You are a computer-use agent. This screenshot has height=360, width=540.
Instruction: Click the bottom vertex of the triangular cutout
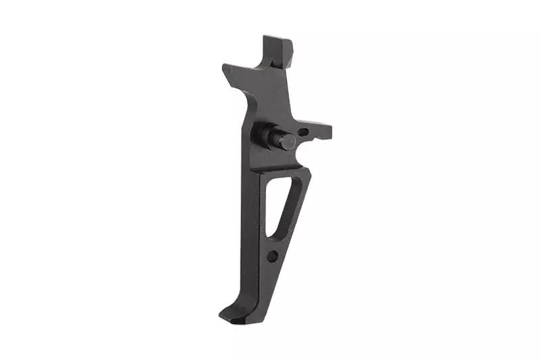(x=269, y=236)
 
